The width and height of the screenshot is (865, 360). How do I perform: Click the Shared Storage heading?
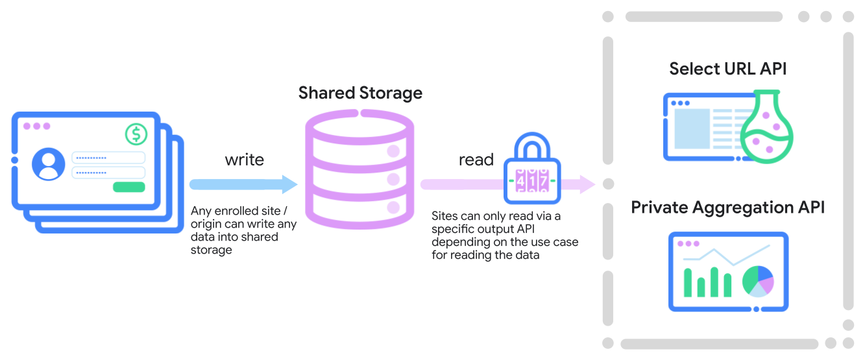[360, 93]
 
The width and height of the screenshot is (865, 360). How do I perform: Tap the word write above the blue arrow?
[244, 160]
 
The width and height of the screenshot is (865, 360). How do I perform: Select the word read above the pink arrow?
[476, 160]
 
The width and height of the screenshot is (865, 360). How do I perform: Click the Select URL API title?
[727, 69]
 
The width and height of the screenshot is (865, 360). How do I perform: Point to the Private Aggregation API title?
[727, 208]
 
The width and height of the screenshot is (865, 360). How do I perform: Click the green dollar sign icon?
[136, 134]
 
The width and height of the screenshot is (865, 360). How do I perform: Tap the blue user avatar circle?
[49, 164]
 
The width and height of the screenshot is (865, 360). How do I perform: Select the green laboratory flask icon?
[766, 133]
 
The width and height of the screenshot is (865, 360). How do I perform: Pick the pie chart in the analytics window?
[758, 281]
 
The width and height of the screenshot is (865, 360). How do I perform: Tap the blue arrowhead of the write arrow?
[289, 184]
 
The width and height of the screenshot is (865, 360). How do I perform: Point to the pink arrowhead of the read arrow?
[587, 184]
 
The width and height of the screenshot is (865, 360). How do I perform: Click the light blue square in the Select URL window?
[692, 128]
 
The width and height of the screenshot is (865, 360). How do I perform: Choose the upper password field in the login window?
[108, 158]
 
